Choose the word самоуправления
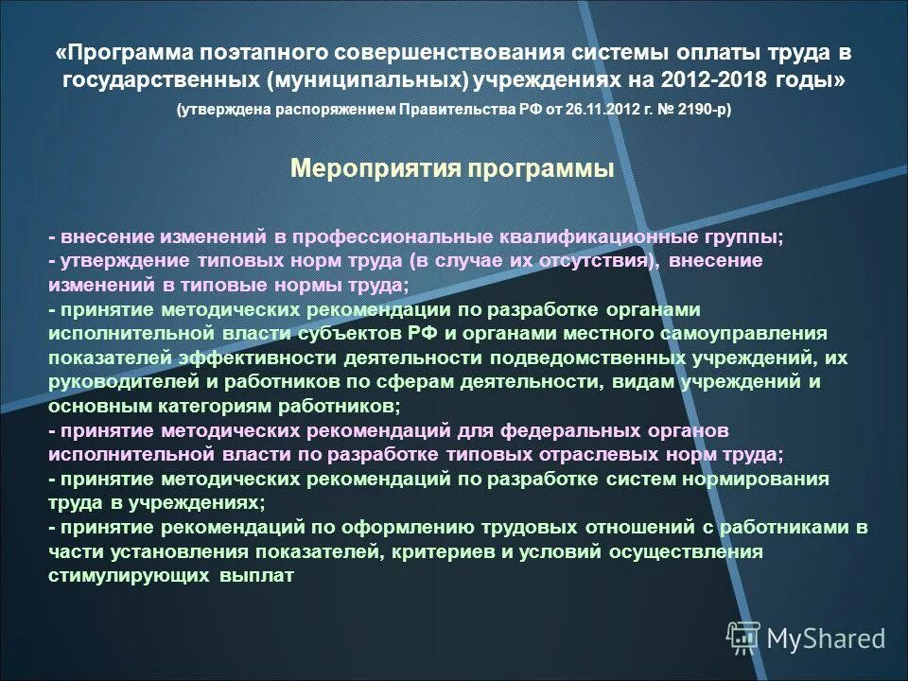pos(753,334)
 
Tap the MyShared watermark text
pos(825,639)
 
